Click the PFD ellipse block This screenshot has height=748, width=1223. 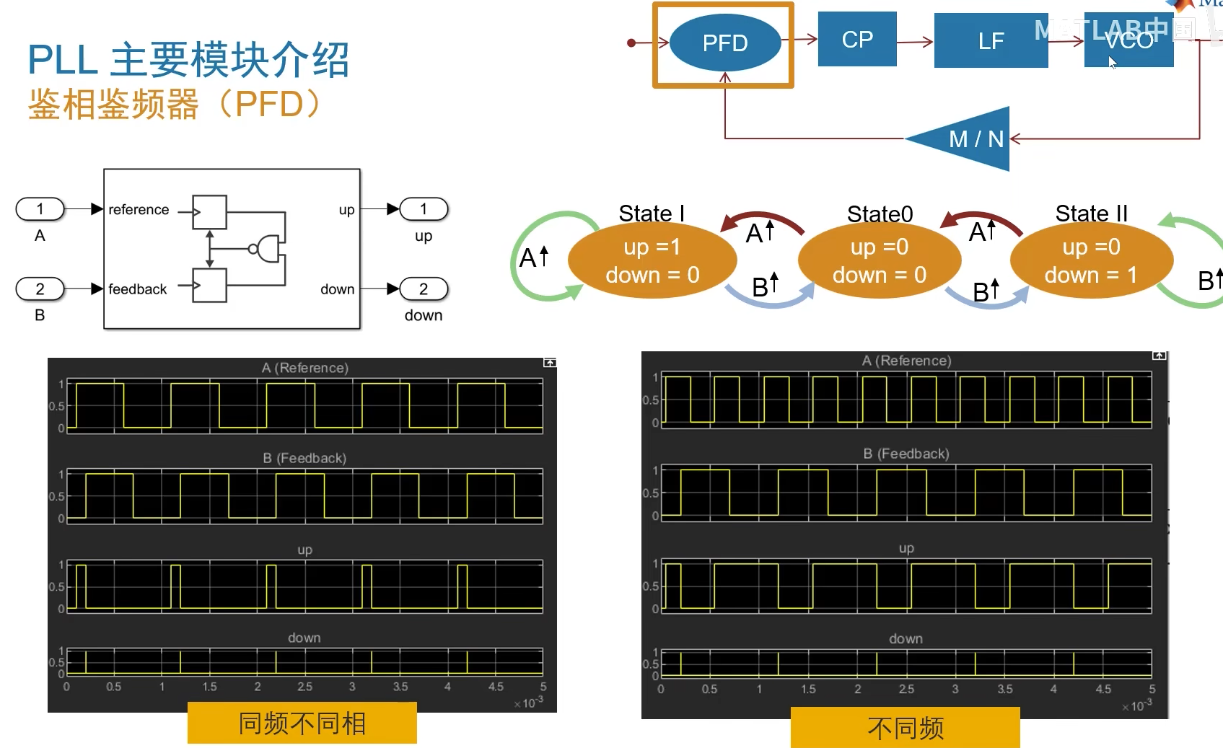724,43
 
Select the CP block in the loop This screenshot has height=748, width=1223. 856,39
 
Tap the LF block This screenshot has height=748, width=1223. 990,41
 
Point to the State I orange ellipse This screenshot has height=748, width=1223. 652,260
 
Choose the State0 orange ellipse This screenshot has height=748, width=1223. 879,260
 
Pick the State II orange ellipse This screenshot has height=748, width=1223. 1090,260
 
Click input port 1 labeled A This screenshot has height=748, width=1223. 40,209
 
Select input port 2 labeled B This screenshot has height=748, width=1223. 40,289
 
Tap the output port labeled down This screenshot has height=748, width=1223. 424,289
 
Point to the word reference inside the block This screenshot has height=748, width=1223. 139,210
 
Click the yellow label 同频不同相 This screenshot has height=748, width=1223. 302,723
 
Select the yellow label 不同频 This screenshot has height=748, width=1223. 905,728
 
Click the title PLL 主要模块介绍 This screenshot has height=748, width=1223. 188,60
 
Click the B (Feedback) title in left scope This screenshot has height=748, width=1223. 304,458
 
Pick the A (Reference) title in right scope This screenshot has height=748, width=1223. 906,360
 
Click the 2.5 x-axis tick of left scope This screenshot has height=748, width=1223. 304,687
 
